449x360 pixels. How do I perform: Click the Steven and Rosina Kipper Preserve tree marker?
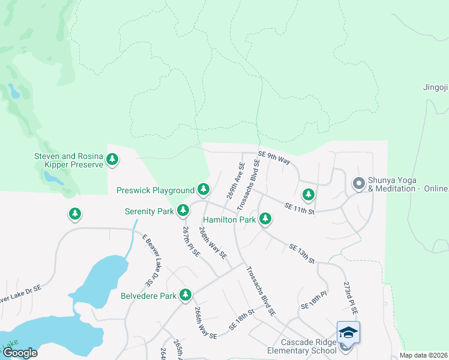pos(112,160)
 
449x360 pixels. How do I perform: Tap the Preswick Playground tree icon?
pos(203,190)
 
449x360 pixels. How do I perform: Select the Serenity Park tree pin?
pos(183,211)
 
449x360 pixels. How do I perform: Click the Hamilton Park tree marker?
pos(265,220)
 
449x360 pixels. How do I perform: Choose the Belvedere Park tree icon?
pos(186,295)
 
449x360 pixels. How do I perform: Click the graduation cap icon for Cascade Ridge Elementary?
pos(348,332)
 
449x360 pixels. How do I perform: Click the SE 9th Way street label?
pos(274,158)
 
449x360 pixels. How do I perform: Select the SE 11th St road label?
pos(300,208)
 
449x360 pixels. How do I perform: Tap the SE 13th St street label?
pos(301,253)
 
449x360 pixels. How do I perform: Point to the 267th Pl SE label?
pos(191,241)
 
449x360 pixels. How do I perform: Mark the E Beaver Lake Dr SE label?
pos(148,259)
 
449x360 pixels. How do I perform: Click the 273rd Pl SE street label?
pos(351,298)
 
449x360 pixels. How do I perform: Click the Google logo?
pos(20,353)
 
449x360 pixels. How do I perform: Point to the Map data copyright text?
pos(423,355)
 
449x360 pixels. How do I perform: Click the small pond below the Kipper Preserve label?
pos(53,178)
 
